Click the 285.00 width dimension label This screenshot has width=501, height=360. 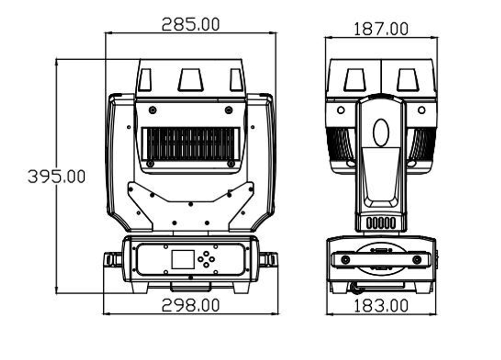190,24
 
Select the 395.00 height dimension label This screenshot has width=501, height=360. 57,176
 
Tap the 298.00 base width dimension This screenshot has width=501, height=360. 190,305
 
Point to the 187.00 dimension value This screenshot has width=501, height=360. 381,29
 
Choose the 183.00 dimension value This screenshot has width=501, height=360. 381,305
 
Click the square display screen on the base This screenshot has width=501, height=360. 182,259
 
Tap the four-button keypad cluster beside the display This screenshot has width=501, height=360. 206,259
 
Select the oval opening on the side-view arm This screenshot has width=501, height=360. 381,132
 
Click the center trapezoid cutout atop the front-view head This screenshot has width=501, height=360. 190,80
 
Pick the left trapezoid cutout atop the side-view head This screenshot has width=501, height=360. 355,80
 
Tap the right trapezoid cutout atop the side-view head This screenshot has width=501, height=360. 408,80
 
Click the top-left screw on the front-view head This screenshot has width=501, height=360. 152,110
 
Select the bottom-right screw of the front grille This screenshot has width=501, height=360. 230,163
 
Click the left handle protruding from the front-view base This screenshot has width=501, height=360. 113,259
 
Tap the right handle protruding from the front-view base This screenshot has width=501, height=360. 268,259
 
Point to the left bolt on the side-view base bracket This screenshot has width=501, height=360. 345,259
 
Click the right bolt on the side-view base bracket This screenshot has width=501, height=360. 417,259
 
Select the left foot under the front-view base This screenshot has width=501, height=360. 139,287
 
